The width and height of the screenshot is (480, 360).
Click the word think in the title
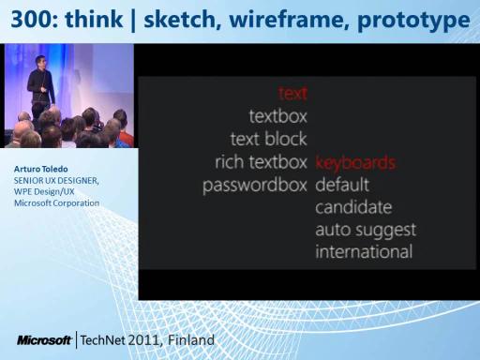[94, 20]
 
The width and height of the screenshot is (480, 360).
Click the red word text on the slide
[292, 93]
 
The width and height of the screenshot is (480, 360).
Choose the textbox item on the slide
[278, 116]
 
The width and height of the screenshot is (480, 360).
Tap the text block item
[269, 139]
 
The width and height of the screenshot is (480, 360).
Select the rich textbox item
[262, 162]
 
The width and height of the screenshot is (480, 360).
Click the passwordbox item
[255, 186]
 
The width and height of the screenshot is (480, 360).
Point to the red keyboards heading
[356, 162]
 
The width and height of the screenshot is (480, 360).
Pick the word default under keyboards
[342, 185]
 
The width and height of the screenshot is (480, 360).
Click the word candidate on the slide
[353, 207]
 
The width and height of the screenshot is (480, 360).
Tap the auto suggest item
[366, 231]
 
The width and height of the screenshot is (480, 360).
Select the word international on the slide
[364, 252]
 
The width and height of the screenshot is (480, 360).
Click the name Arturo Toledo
[40, 169]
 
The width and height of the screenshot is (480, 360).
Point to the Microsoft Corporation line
[56, 203]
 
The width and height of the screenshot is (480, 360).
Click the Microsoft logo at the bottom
[44, 340]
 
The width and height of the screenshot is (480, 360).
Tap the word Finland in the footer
[191, 340]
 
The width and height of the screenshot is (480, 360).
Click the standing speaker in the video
[41, 82]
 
